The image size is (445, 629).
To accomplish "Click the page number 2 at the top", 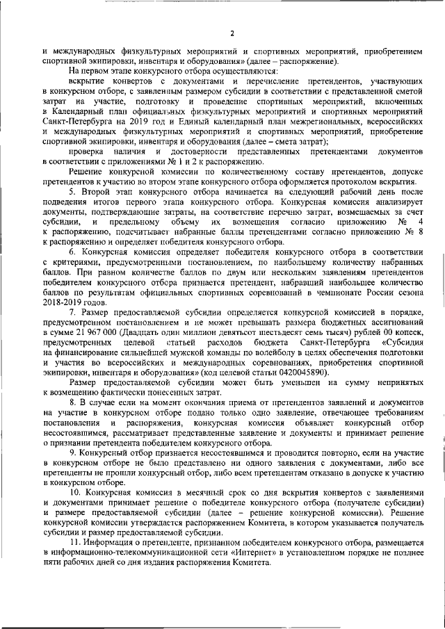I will pyautogui.click(x=232, y=33).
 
